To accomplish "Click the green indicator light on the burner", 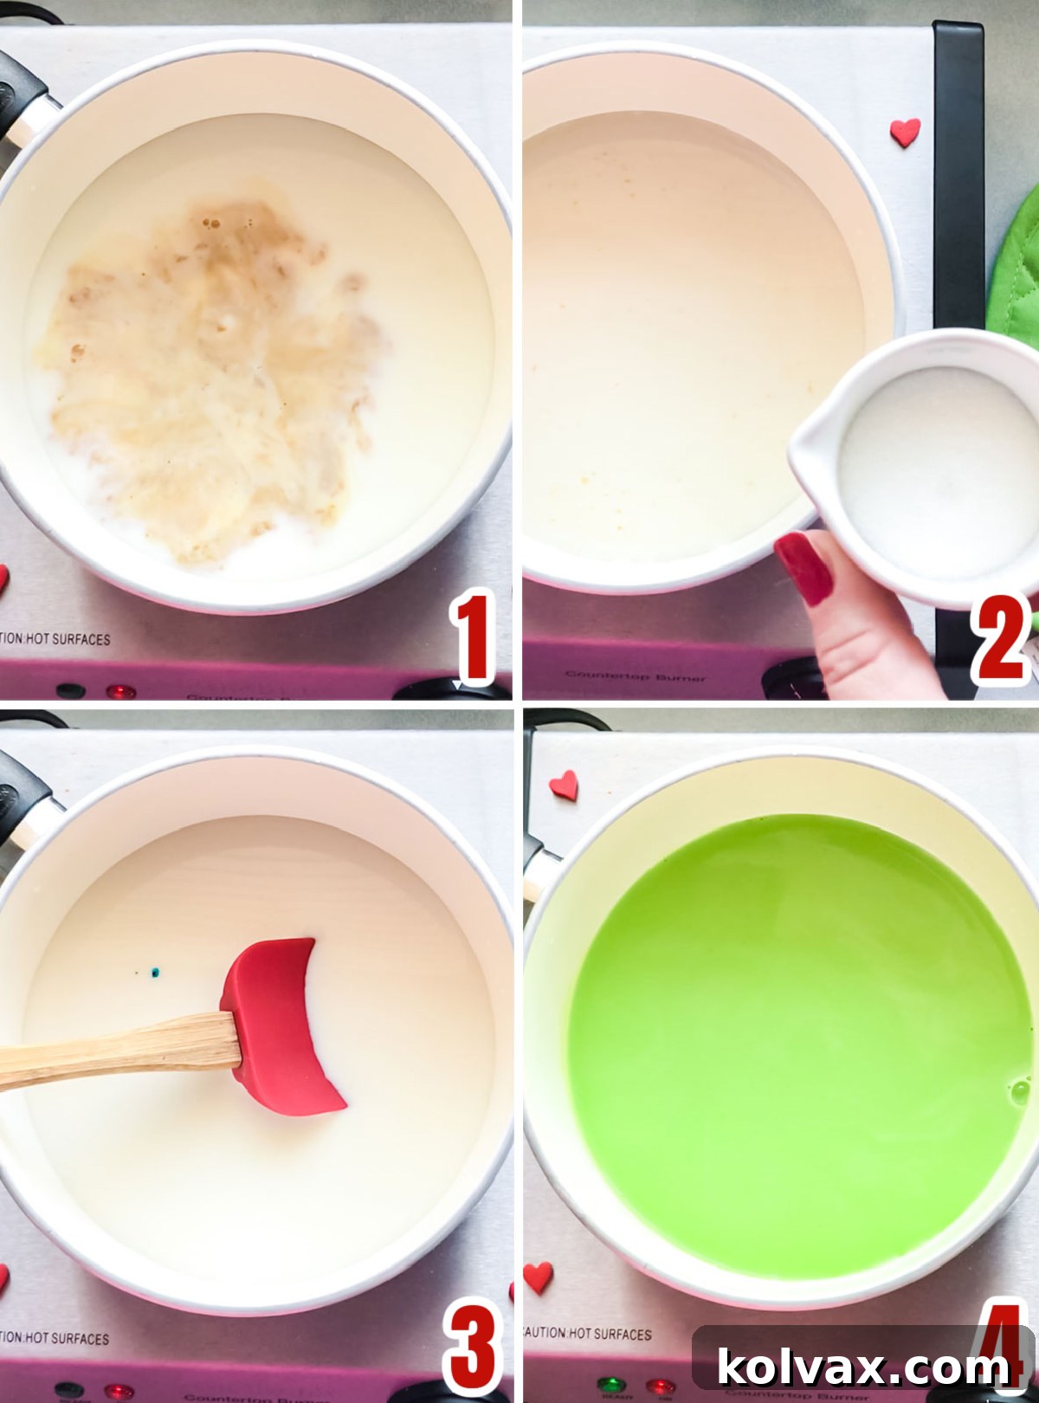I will click(612, 1383).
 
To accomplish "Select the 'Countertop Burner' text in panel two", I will click(636, 676).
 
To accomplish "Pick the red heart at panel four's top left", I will click(564, 785).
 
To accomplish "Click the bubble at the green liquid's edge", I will click(1019, 1089).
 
